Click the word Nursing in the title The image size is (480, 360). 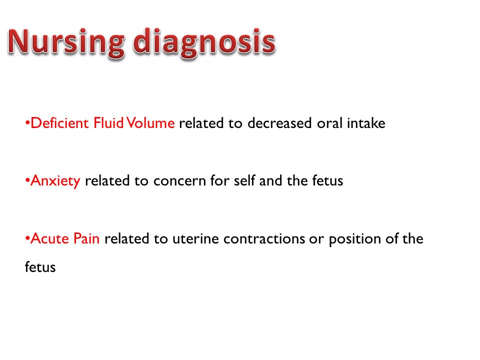pos(66,43)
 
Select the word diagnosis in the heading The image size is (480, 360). pos(204,43)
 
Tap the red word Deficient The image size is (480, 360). pos(59,123)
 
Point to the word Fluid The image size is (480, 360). pos(108,123)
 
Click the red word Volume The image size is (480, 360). pos(150,123)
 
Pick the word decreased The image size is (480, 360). pos(280,123)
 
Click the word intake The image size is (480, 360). pos(366,123)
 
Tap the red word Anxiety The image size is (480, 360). pos(55,181)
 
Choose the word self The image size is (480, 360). pos(244,180)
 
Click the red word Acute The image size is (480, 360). pos(50,238)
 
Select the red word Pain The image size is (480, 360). pos(86,238)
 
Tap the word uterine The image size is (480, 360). pos(195,239)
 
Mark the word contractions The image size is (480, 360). pos(264,239)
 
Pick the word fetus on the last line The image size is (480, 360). pos(40,267)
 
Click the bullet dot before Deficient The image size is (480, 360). pos(27,123)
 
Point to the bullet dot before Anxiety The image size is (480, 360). pos(27,181)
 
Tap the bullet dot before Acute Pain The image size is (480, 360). pos(27,239)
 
